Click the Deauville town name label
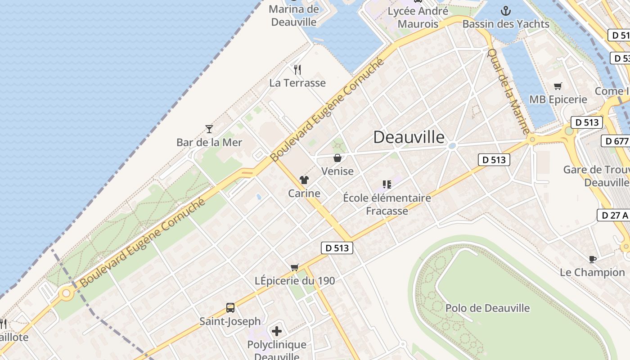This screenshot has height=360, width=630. pos(409,137)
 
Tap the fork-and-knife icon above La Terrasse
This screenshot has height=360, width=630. pos(297,69)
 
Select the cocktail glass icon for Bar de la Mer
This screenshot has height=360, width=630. pos(209,129)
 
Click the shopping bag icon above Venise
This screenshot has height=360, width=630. pos(337,158)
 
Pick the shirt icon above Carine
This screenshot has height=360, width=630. pos(304,180)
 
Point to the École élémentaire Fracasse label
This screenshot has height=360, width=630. pos(387,204)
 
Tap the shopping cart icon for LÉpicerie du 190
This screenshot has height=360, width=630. pos(295,267)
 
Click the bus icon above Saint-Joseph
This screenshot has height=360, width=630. pos(230,308)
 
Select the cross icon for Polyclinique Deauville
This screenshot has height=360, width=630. pos(277,332)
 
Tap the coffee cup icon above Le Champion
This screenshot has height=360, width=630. pos(593,259)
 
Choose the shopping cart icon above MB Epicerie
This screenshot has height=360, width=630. pos(558,86)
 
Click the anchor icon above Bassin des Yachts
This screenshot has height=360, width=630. pos(506,10)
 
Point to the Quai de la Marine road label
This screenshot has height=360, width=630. pos(509,91)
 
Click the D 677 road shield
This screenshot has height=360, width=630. pos(615,141)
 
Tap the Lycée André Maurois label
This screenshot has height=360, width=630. pos(418,17)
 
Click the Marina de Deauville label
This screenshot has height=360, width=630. pos(294,15)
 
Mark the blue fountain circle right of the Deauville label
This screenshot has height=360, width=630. pos(452,145)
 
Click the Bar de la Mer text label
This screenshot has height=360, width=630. pos(209,143)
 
